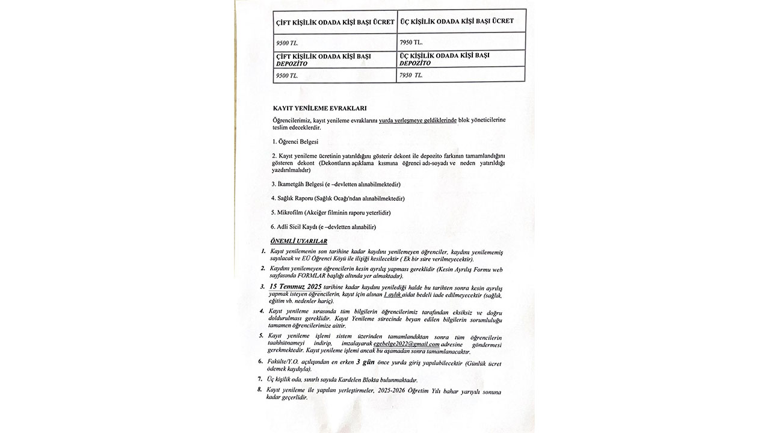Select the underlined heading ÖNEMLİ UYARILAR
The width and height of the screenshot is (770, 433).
tap(299, 241)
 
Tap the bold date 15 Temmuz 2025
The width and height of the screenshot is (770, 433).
tap(296, 286)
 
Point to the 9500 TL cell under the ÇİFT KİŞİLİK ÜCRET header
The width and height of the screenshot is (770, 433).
tap(287, 43)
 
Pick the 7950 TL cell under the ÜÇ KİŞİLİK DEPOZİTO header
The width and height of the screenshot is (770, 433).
tap(411, 75)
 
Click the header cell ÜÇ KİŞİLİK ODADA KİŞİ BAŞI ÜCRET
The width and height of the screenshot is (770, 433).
tap(457, 21)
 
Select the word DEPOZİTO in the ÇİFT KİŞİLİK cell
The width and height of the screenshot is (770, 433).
tap(292, 63)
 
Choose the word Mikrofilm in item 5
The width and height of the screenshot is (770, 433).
tap(290, 212)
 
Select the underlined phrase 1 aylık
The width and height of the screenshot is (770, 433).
tap(392, 295)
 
